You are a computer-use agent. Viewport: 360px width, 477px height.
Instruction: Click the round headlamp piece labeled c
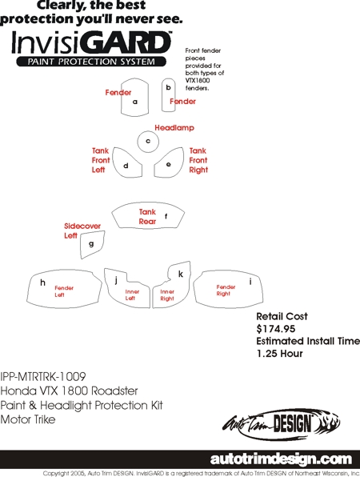point(148,142)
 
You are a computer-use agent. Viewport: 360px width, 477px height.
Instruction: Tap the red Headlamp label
point(174,128)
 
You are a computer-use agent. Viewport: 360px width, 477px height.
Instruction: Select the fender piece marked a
point(134,98)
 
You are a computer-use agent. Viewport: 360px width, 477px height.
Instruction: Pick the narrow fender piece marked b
point(168,95)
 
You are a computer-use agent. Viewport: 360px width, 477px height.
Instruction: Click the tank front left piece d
point(126,162)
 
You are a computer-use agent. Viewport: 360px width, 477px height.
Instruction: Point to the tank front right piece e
point(169,163)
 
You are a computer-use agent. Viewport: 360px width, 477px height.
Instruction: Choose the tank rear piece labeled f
point(148,215)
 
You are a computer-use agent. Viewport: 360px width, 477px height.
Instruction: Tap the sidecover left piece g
point(92,244)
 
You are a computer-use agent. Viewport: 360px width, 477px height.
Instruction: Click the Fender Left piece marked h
point(64,289)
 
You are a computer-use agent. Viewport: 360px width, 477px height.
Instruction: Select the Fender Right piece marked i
point(228,289)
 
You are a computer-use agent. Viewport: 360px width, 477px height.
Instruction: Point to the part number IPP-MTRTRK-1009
point(43,377)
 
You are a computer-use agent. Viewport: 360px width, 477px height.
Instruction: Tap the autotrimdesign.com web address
point(281,459)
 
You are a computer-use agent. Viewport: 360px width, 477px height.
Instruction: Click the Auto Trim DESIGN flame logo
point(282,423)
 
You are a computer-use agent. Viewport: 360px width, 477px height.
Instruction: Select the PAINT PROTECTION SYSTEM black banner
point(91,62)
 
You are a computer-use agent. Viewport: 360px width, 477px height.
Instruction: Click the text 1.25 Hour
point(280,354)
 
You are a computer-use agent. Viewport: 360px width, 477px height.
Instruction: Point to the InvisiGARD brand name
point(91,42)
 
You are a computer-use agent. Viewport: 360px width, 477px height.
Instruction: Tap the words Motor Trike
point(28,419)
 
